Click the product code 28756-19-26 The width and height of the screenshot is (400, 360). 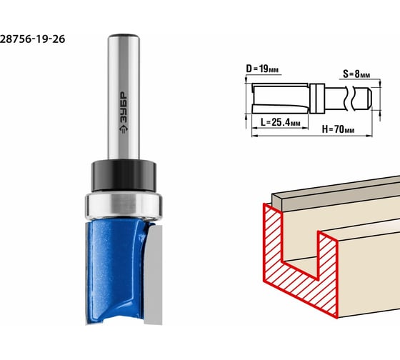(32, 39)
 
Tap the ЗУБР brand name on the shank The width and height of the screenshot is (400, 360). (124, 107)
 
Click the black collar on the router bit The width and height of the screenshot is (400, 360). (124, 176)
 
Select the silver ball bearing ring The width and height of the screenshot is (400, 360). (124, 206)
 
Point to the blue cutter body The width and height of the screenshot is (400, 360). (116, 271)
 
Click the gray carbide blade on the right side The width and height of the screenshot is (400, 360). (153, 274)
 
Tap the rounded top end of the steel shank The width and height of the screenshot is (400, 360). (124, 36)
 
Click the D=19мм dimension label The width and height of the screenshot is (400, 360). (262, 69)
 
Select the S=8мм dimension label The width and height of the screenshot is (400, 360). (356, 74)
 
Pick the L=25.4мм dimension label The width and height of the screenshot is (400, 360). (280, 122)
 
